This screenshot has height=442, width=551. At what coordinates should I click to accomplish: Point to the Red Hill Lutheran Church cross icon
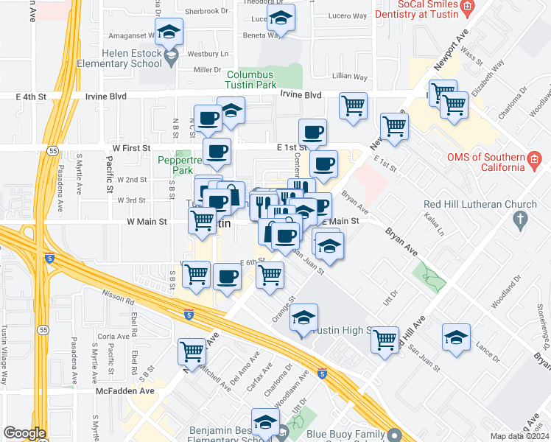[x=520, y=220]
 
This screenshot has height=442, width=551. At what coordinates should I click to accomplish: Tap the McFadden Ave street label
[x=125, y=391]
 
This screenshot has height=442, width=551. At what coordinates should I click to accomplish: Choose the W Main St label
[x=147, y=221]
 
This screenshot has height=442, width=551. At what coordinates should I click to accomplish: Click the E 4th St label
[x=31, y=96]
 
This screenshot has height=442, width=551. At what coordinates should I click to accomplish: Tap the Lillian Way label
[x=349, y=76]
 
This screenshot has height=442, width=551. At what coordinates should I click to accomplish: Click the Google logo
[x=24, y=433]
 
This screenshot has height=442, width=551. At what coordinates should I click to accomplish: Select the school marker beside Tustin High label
[x=303, y=318]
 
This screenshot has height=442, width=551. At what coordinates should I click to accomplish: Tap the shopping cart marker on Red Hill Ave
[x=385, y=340]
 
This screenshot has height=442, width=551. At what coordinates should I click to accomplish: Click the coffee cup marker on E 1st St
[x=312, y=133]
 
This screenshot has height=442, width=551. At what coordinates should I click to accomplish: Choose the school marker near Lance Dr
[x=456, y=338]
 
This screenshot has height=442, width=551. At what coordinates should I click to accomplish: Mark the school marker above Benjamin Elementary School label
[x=265, y=422]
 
